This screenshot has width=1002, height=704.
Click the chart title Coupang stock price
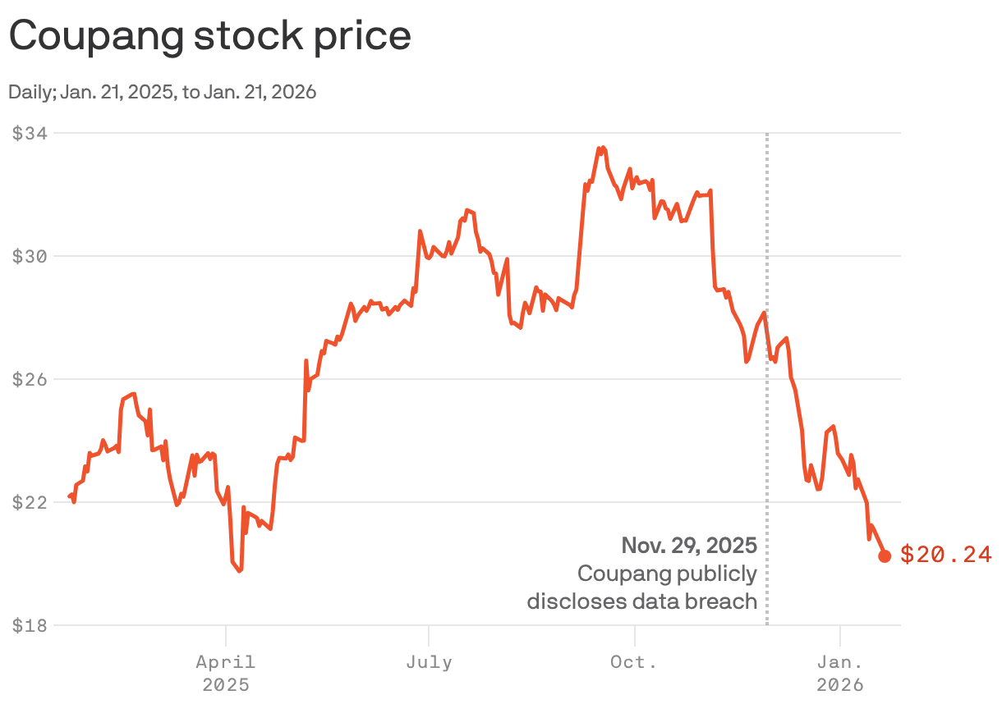tap(209, 36)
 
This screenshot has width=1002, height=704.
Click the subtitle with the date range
tap(163, 92)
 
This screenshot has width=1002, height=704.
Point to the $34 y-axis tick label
tap(30, 133)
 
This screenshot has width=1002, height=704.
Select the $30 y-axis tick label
tap(30, 256)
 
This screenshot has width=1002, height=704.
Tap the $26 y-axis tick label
tap(30, 379)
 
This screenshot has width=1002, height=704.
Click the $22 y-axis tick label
tap(30, 502)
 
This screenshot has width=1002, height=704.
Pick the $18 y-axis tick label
tap(30, 625)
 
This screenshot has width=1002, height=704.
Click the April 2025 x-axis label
tap(225, 672)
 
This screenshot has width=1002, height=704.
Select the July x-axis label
tap(429, 661)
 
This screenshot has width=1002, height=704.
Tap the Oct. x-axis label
tap(634, 661)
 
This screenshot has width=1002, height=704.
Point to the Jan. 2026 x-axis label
tap(840, 672)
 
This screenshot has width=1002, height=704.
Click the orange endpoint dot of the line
tap(885, 556)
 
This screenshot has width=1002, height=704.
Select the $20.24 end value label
tap(946, 555)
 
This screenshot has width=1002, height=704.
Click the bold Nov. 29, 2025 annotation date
tap(688, 546)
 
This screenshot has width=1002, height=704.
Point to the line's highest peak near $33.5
tap(602, 149)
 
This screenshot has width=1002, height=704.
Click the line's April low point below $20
tap(239, 570)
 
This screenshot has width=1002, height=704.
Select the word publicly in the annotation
tap(718, 574)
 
